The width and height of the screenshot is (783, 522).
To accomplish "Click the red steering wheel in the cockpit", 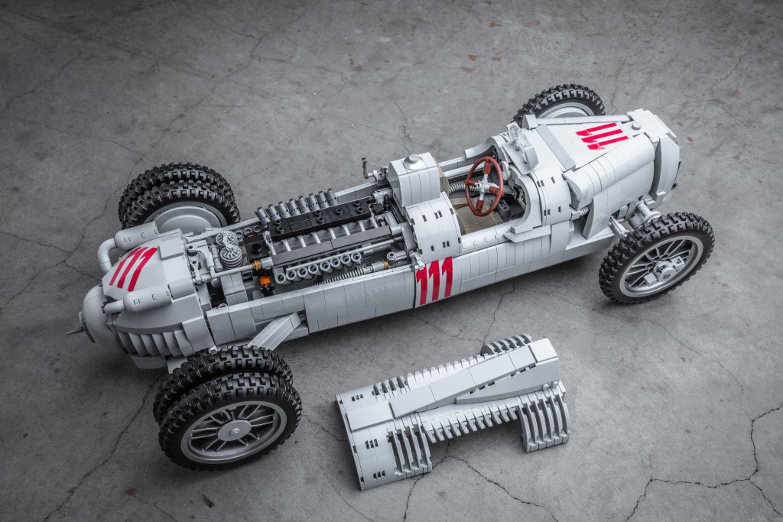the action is click(x=483, y=186).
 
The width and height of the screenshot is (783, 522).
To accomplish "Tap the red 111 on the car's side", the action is click(x=434, y=281).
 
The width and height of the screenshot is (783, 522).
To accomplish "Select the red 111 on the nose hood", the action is click(x=601, y=135).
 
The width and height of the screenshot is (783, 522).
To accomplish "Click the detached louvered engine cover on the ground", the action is click(x=453, y=410).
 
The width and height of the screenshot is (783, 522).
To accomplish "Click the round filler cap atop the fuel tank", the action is click(x=413, y=159).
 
